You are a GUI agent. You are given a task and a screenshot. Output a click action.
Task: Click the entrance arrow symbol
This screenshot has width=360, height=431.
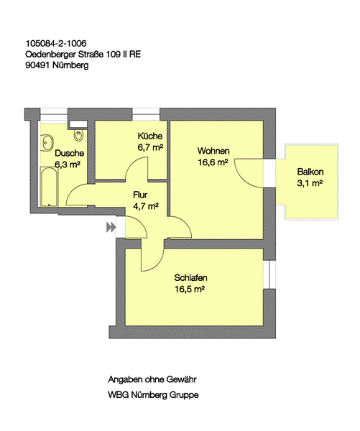click(x=111, y=227)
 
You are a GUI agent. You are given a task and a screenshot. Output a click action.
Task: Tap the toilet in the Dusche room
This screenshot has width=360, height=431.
click(x=78, y=135)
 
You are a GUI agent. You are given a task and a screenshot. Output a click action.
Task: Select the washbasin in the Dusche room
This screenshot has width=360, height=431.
click(x=47, y=142)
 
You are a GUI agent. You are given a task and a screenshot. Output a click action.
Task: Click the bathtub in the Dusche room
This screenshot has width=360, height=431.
click(x=50, y=187)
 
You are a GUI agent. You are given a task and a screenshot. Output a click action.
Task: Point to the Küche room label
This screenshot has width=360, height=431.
click(x=150, y=136)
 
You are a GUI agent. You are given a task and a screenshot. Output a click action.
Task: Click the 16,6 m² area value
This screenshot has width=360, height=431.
click(x=213, y=162)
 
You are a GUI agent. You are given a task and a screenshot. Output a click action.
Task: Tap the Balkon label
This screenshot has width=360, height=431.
click(x=310, y=172)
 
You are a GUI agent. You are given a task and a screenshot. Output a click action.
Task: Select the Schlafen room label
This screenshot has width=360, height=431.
click(x=190, y=277)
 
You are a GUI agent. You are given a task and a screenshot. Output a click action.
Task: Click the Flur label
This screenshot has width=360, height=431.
click(x=140, y=195)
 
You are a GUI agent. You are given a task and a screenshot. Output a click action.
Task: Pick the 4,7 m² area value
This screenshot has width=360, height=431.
click(x=145, y=206)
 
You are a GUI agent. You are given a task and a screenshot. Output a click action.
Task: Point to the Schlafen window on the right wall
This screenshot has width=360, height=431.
click(x=269, y=274)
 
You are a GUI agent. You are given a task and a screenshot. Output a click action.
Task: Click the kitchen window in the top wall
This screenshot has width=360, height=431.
click(x=146, y=114)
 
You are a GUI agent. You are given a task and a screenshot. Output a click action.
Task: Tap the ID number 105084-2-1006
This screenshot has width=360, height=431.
click(x=56, y=43)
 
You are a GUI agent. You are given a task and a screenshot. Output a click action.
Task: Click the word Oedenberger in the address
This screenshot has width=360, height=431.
click(x=50, y=55)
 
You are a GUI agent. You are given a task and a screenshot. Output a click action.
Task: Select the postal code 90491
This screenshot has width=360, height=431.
click(x=37, y=65)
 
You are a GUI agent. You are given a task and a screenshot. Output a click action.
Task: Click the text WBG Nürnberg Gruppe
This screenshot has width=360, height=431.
click(x=153, y=395)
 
